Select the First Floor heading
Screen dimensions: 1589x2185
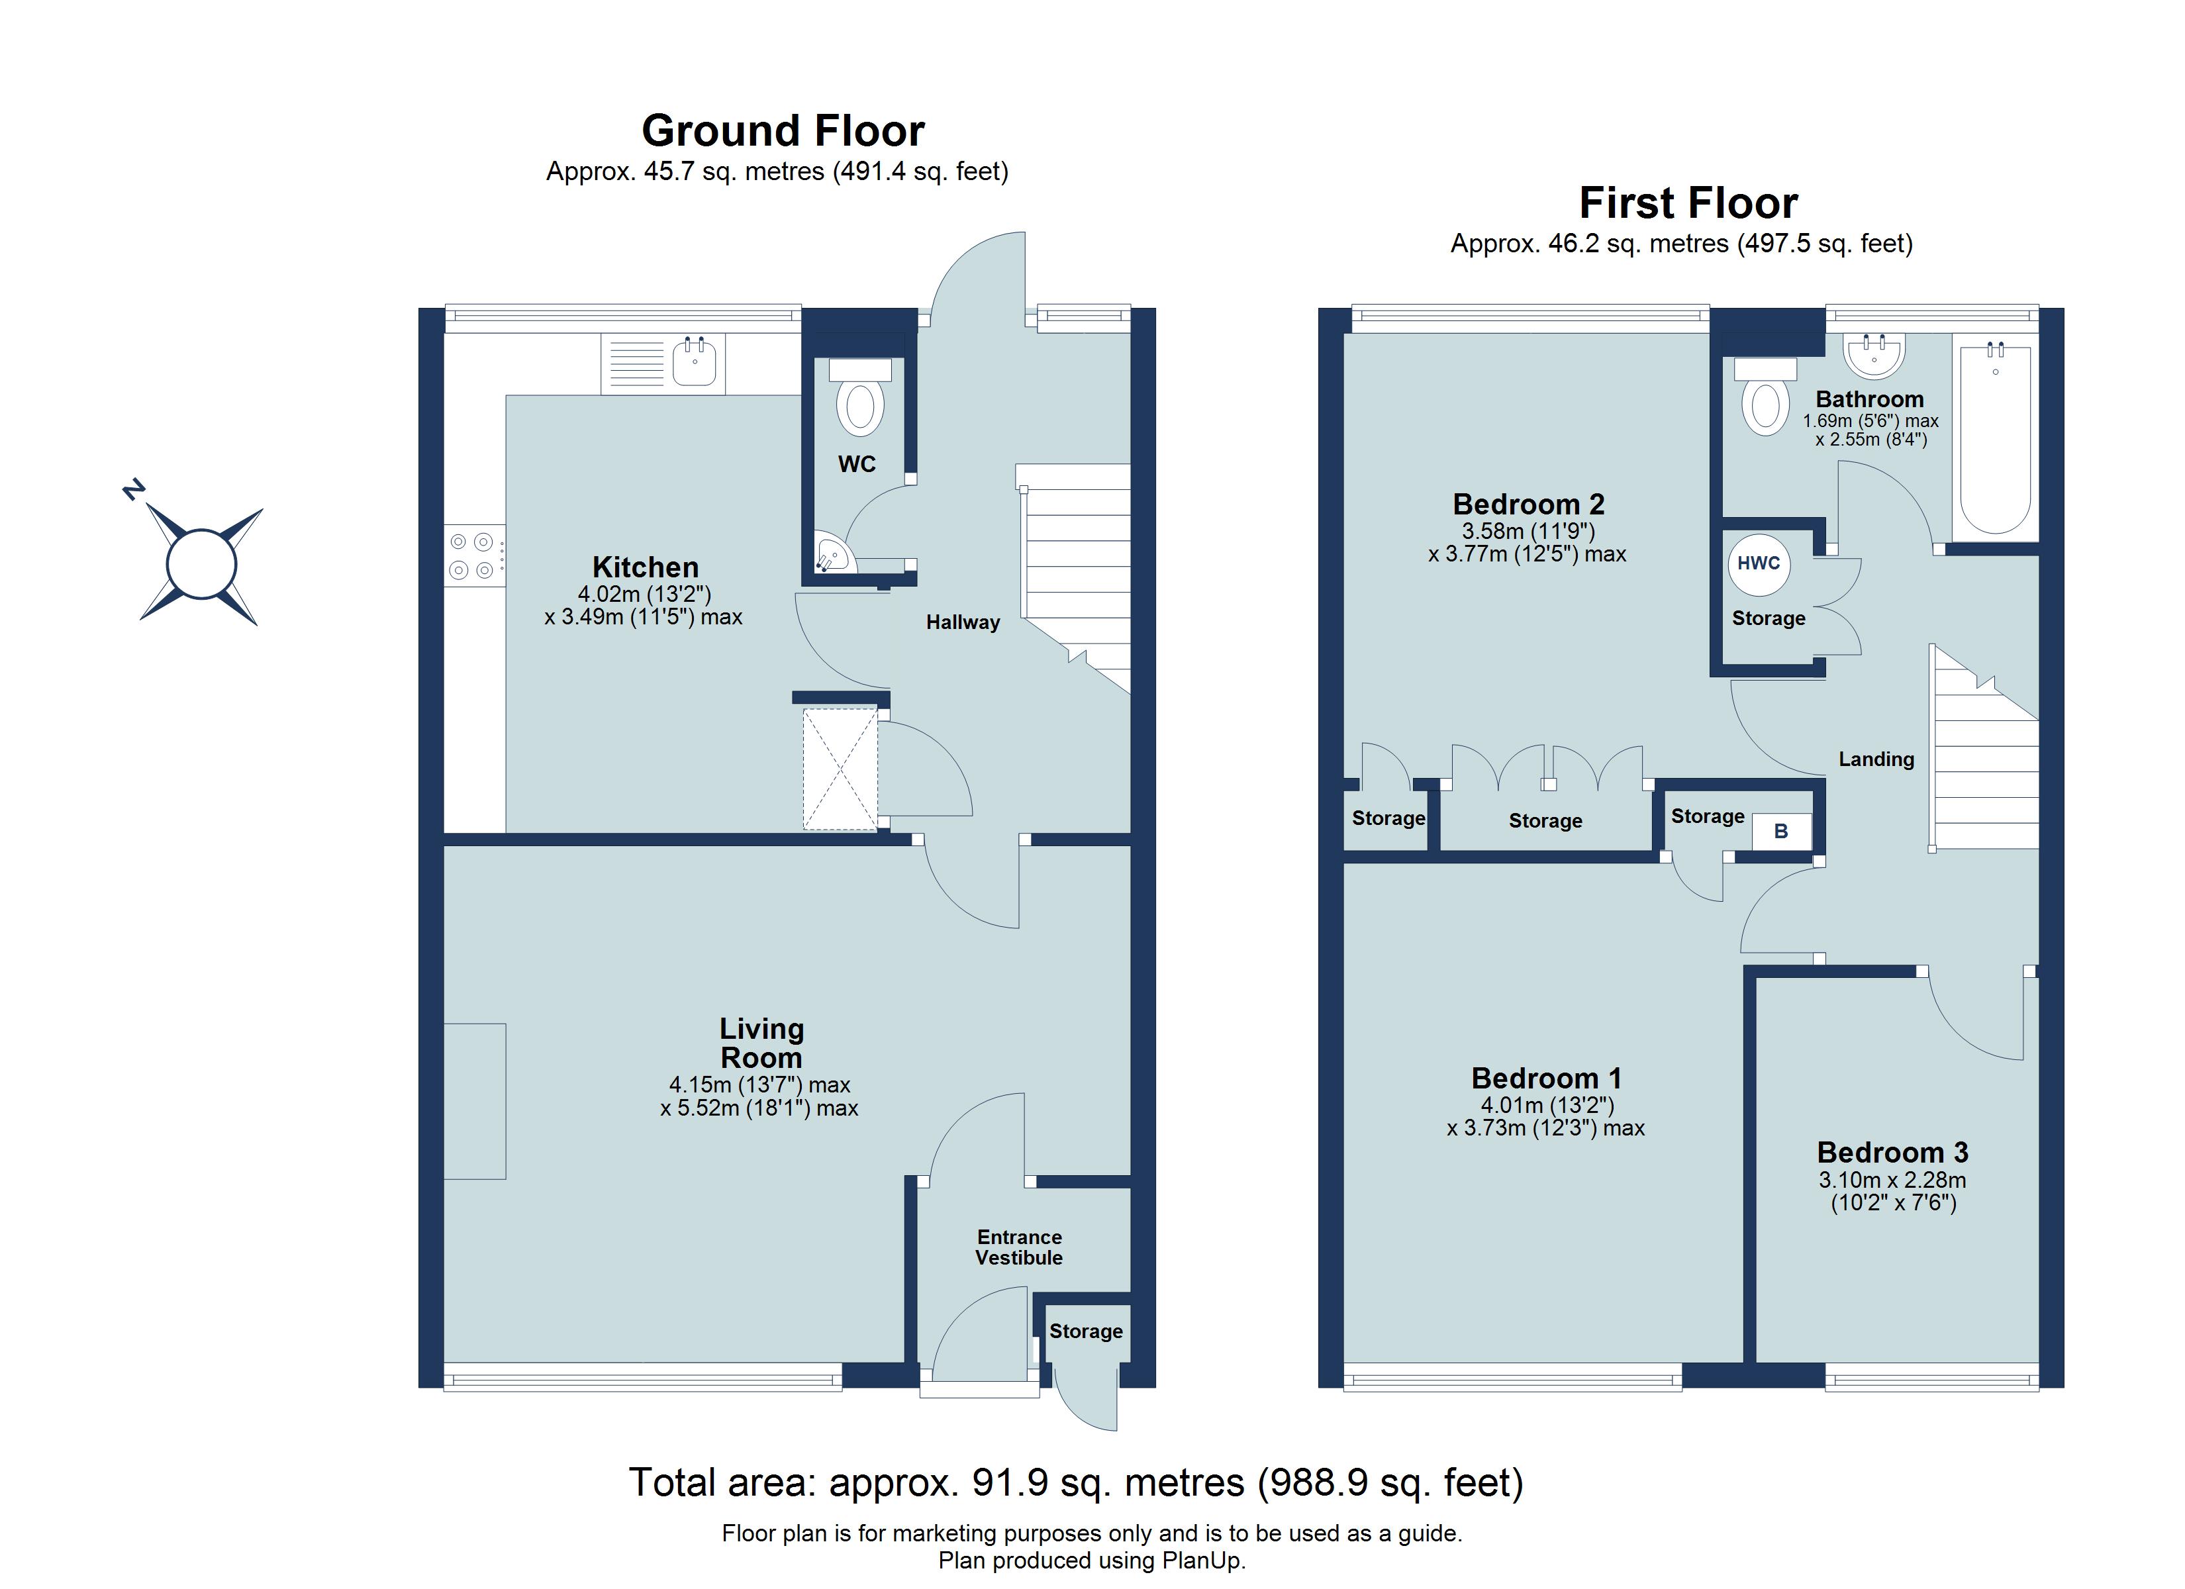[x=1688, y=203]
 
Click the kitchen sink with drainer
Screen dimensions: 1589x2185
[x=663, y=363]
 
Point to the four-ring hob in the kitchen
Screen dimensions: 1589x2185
[x=473, y=557]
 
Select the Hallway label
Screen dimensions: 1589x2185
[x=963, y=622]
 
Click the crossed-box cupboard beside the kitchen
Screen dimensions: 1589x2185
[x=840, y=768]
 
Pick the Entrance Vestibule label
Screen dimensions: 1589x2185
[x=1018, y=1247]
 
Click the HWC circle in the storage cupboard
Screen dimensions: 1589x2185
[x=1758, y=563]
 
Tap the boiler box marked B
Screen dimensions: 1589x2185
[x=1780, y=831]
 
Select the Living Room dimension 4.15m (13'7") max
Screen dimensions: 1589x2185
[x=759, y=1085]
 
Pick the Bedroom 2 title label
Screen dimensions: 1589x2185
[x=1528, y=504]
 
